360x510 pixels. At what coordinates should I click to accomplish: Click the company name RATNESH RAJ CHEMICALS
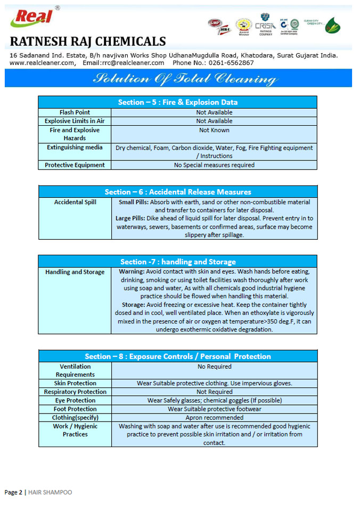(x=88, y=42)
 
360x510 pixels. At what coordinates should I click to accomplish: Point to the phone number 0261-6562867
(x=229, y=63)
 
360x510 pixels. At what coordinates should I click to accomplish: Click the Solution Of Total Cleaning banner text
(x=185, y=79)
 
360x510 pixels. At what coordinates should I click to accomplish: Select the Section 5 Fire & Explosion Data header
(x=177, y=102)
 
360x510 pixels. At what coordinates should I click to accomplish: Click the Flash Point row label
(x=75, y=112)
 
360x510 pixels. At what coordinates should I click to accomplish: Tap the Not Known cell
(x=214, y=130)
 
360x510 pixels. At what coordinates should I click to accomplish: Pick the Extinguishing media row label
(x=75, y=147)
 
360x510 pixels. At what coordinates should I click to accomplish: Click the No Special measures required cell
(x=214, y=165)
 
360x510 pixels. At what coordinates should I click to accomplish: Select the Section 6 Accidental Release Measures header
(x=177, y=191)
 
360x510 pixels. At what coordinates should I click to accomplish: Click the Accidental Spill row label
(x=75, y=203)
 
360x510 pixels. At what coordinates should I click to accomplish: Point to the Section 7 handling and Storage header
(x=177, y=261)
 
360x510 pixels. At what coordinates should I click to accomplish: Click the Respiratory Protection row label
(x=75, y=392)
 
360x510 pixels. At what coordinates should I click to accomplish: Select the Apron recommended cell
(x=214, y=417)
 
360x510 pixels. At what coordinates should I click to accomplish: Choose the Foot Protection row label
(x=75, y=409)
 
